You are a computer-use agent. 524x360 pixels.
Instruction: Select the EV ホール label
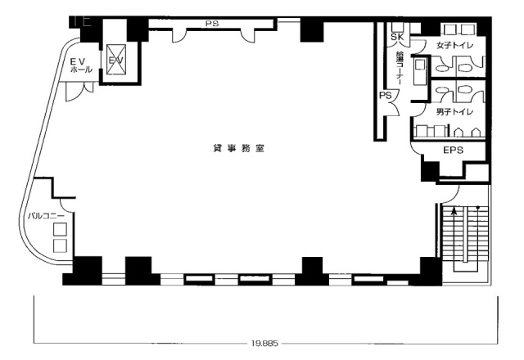click(x=78, y=65)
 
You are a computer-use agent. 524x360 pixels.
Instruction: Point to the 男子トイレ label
click(x=453, y=110)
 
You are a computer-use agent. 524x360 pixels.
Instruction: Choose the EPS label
click(x=454, y=151)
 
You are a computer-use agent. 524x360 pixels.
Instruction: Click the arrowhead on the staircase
click(x=454, y=210)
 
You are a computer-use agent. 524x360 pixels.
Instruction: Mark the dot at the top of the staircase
click(x=478, y=207)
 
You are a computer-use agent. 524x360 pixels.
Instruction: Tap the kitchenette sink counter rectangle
click(x=421, y=70)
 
